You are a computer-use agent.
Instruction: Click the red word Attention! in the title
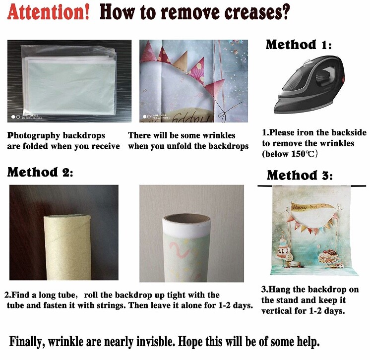[x=49, y=12]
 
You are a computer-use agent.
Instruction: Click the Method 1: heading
[x=299, y=45]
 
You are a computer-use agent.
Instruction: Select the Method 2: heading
[x=40, y=172]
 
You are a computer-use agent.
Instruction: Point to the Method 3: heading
[x=300, y=175]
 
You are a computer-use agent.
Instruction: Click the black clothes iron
[x=309, y=84]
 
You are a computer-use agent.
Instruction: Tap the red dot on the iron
[x=343, y=80]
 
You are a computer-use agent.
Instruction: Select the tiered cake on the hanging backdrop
[x=283, y=250]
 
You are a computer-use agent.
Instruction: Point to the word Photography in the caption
[x=34, y=136]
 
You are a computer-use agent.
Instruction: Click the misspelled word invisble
[x=156, y=341]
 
